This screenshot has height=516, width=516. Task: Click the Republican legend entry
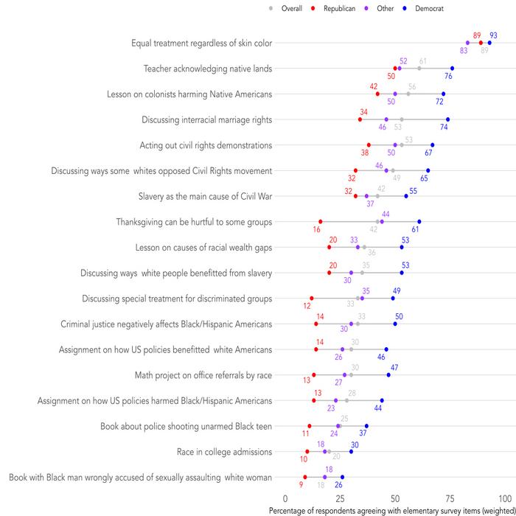point(339,8)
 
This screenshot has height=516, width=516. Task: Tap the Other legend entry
point(384,8)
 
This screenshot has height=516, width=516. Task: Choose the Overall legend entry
point(291,8)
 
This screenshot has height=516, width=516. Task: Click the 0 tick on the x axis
point(285,499)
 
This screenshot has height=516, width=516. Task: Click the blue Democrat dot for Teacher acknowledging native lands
point(452,69)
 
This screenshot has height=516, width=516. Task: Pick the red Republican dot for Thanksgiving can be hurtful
point(321,222)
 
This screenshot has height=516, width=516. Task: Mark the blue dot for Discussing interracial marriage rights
point(447,119)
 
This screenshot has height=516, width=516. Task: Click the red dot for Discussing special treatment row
point(312,299)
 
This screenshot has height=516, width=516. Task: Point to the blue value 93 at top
point(493,35)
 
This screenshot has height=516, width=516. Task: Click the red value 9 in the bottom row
point(301,485)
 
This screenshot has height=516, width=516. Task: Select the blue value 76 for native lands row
point(448,76)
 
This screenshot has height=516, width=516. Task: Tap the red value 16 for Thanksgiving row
point(316,230)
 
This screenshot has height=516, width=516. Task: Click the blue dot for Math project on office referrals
point(388,375)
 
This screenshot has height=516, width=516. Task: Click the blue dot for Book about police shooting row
point(366,426)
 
